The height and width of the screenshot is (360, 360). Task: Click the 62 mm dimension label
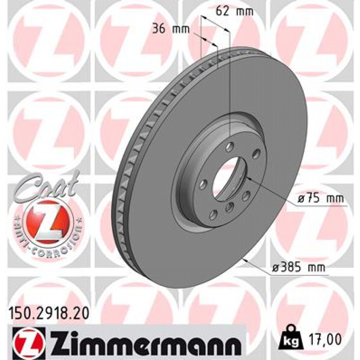(x=234, y=11)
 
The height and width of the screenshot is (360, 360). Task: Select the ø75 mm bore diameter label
(x=320, y=199)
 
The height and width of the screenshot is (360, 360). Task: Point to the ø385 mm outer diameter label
(x=298, y=268)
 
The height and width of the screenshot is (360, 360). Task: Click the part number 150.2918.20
(x=48, y=312)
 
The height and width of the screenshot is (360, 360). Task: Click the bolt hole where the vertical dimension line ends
(x=230, y=145)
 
